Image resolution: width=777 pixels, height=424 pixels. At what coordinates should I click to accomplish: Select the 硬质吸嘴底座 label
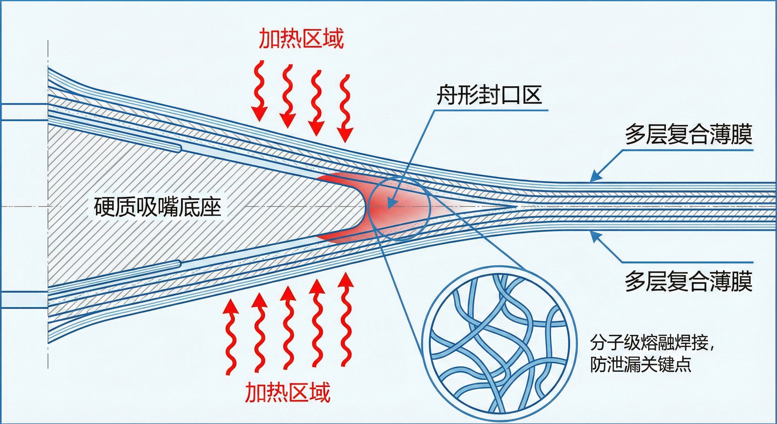tap(158, 207)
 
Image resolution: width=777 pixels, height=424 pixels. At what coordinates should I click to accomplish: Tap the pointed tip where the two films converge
tap(517, 207)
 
